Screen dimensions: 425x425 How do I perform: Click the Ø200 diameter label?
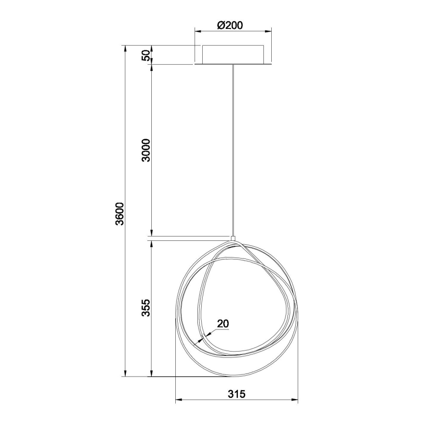coord(230,25)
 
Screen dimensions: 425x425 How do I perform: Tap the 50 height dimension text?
coord(145,55)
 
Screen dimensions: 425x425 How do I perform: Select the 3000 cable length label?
coord(145,151)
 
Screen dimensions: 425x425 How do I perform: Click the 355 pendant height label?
coord(145,307)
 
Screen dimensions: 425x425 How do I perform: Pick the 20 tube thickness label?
coord(223,323)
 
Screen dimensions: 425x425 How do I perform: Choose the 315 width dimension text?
coord(236,393)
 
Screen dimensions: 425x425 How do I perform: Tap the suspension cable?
coord(234,147)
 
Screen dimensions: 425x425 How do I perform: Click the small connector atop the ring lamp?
coord(234,238)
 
